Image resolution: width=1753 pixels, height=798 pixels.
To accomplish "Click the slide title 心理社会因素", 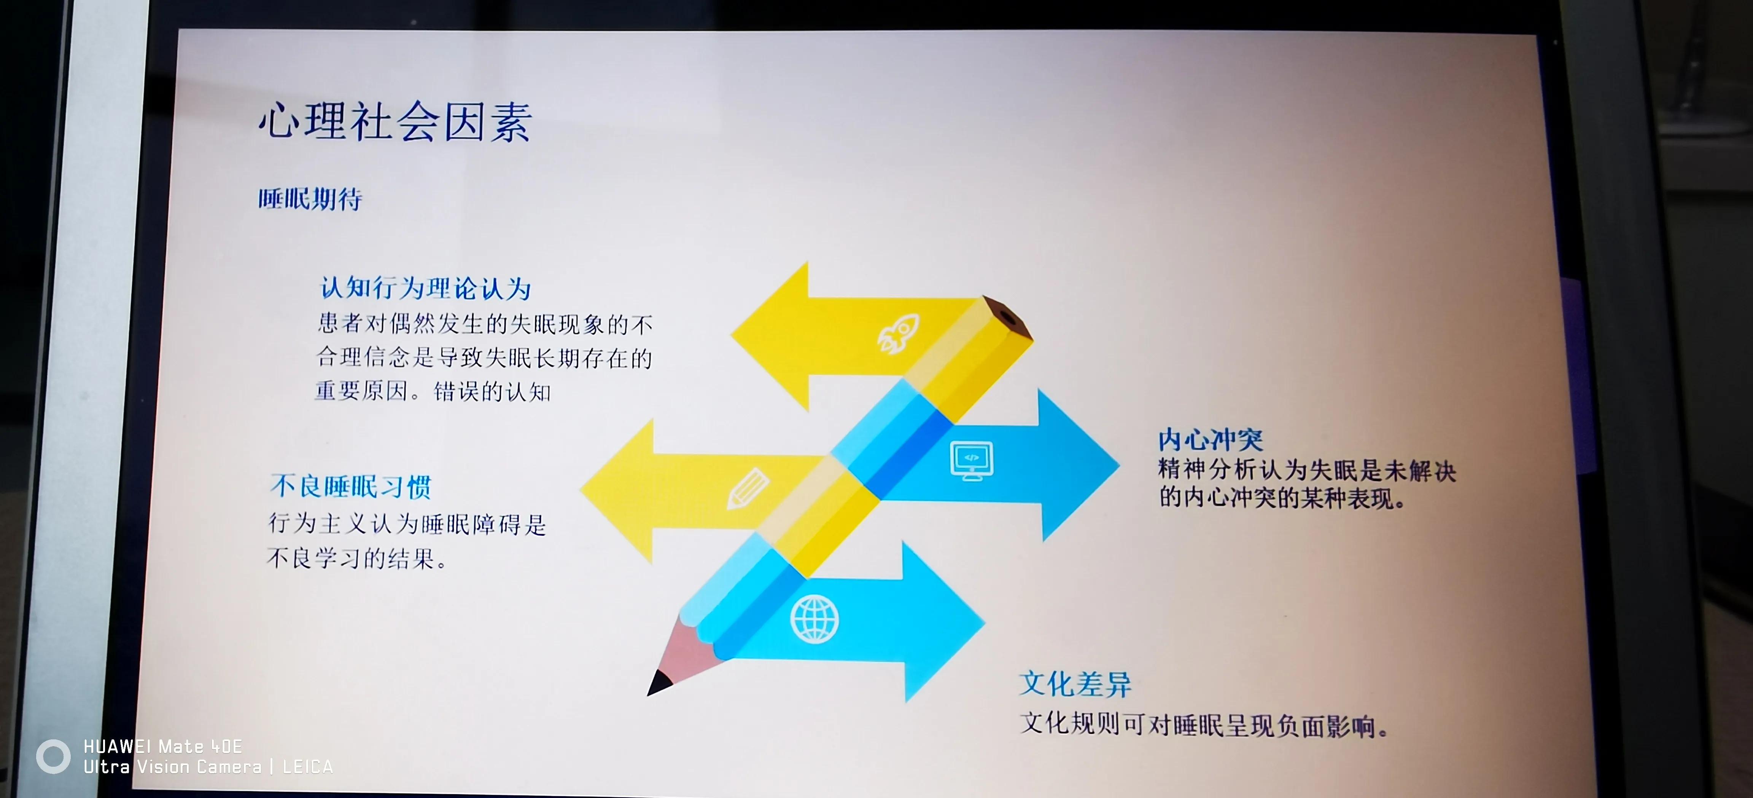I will click(x=395, y=123).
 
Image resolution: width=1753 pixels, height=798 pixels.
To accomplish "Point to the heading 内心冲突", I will click(x=1210, y=440).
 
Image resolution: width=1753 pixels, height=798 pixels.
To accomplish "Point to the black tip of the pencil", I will click(x=659, y=682).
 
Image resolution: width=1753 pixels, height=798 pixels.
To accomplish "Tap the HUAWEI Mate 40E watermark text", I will click(x=163, y=746).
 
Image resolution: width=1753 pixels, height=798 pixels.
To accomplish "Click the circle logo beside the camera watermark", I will click(x=53, y=757).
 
